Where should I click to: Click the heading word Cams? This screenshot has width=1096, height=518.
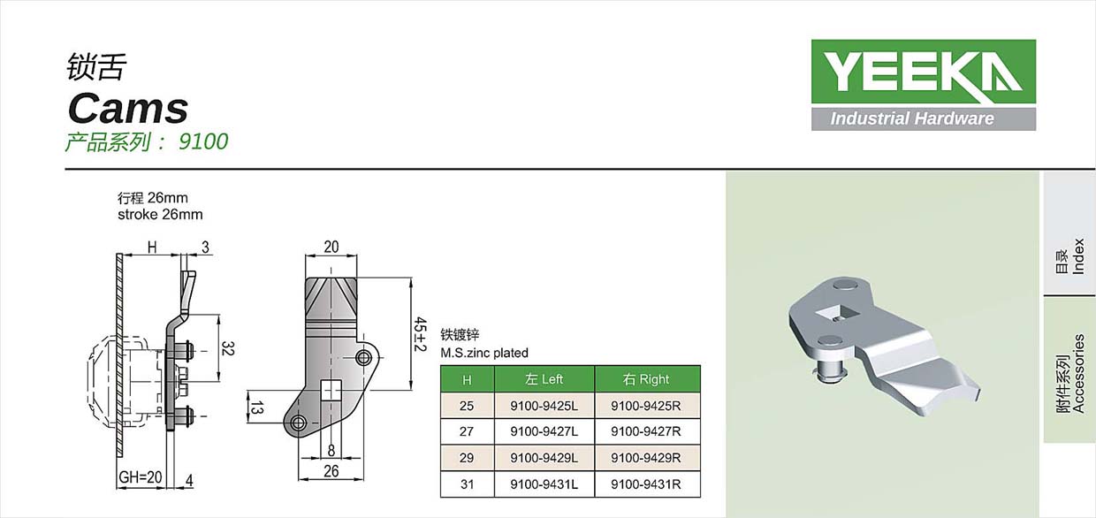[x=128, y=108]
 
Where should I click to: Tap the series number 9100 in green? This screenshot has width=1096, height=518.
[x=203, y=141]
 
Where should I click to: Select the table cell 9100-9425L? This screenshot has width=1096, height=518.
[x=544, y=406]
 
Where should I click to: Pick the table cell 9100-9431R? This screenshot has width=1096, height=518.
[x=645, y=484]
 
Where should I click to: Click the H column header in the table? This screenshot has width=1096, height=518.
[x=467, y=379]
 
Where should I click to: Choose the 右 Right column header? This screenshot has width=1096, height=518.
[x=645, y=379]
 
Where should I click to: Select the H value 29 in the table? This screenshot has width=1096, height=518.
[x=467, y=458]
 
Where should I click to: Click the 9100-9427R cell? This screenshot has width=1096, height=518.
[x=645, y=431]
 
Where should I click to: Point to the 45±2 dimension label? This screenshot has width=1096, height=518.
[x=420, y=334]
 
